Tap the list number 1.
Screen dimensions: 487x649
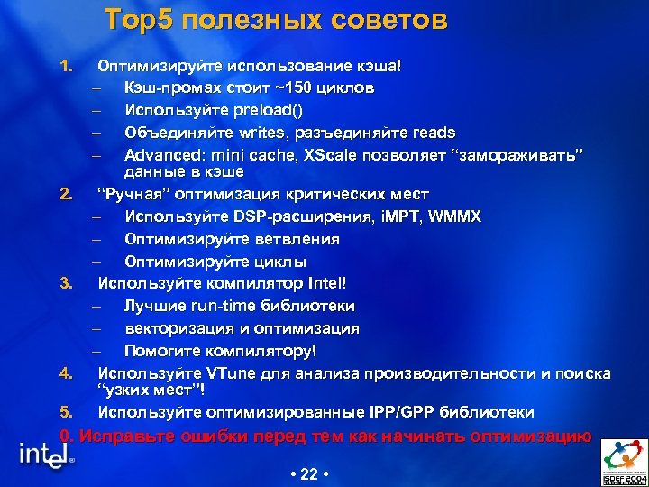(x=64, y=66)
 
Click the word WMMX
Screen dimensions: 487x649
(x=456, y=217)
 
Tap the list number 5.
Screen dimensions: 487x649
(x=64, y=412)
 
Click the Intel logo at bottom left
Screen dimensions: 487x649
(x=45, y=456)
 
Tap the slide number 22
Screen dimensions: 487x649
(x=308, y=473)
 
